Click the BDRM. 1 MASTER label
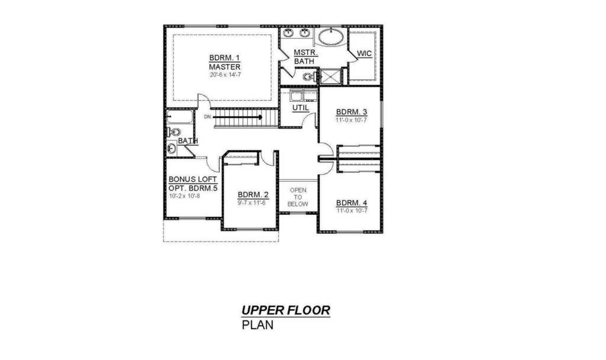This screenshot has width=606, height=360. click(x=224, y=62)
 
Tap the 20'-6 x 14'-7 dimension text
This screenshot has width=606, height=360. click(x=225, y=75)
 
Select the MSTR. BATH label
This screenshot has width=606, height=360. click(x=305, y=57)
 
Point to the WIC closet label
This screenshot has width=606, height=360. click(x=364, y=53)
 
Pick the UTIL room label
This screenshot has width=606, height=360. click(x=301, y=108)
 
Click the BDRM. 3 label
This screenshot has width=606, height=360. click(x=352, y=112)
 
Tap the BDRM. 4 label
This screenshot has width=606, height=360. click(x=352, y=203)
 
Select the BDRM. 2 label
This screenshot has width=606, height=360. click(x=253, y=194)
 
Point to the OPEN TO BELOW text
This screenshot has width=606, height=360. click(x=298, y=197)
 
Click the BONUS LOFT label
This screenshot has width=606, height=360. click(x=193, y=179)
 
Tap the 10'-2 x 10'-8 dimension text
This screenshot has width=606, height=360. click(x=185, y=196)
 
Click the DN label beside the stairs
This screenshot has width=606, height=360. click(x=208, y=117)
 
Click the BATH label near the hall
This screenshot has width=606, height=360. click(x=188, y=141)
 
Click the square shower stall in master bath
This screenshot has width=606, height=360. click(x=330, y=76)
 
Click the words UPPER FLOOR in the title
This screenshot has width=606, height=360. click(x=286, y=310)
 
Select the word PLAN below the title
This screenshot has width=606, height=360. click(x=257, y=325)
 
